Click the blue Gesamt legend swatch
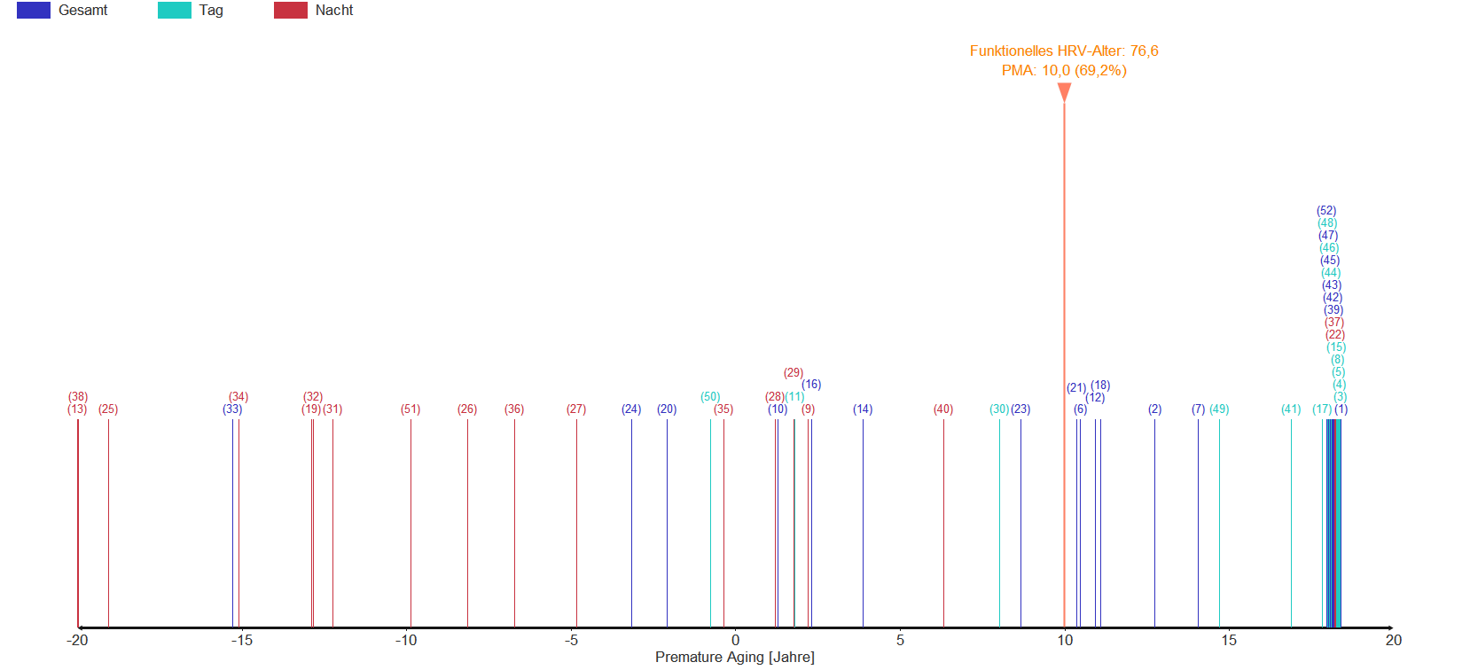click(x=34, y=11)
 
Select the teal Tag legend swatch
click(x=174, y=11)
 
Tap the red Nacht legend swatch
click(x=291, y=11)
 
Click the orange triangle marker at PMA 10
click(x=1064, y=91)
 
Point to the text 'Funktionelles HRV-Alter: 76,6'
click(x=1064, y=51)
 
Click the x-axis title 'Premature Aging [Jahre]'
click(x=734, y=657)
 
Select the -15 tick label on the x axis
click(x=241, y=640)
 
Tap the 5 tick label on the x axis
click(x=900, y=640)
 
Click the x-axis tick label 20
click(x=1393, y=640)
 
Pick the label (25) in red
click(x=108, y=409)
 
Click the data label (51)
click(x=411, y=409)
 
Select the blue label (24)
click(x=631, y=409)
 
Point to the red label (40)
click(x=943, y=409)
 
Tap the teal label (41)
click(x=1291, y=409)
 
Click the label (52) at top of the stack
click(x=1326, y=211)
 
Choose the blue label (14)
click(x=863, y=409)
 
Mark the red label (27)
click(x=576, y=409)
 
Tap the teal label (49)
click(x=1219, y=409)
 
